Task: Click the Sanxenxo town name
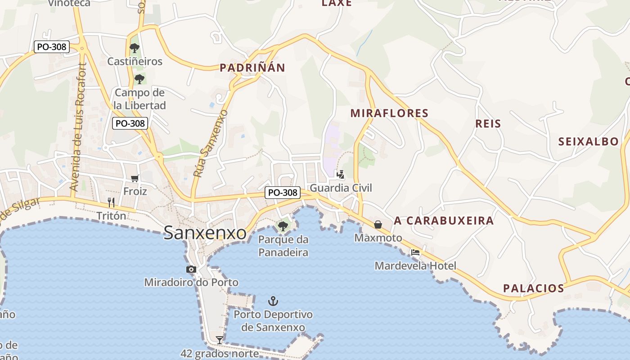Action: (205, 233)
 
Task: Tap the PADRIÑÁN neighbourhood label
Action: (252, 68)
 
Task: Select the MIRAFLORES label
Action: (389, 113)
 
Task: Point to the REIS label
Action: (488, 123)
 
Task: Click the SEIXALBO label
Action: (589, 142)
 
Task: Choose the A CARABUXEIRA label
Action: (444, 220)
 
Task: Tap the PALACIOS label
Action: (533, 288)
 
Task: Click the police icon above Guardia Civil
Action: (341, 174)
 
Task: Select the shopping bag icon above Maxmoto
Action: (378, 224)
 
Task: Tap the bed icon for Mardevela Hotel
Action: (415, 252)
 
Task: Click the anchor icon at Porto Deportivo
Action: (273, 301)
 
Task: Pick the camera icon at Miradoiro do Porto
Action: (191, 269)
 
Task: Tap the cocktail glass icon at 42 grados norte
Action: (220, 340)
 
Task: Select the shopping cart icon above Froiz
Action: (135, 178)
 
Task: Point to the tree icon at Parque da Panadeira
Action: (283, 226)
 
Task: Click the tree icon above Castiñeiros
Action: (134, 48)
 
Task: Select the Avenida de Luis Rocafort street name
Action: (77, 127)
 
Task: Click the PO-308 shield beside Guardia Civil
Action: (283, 193)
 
